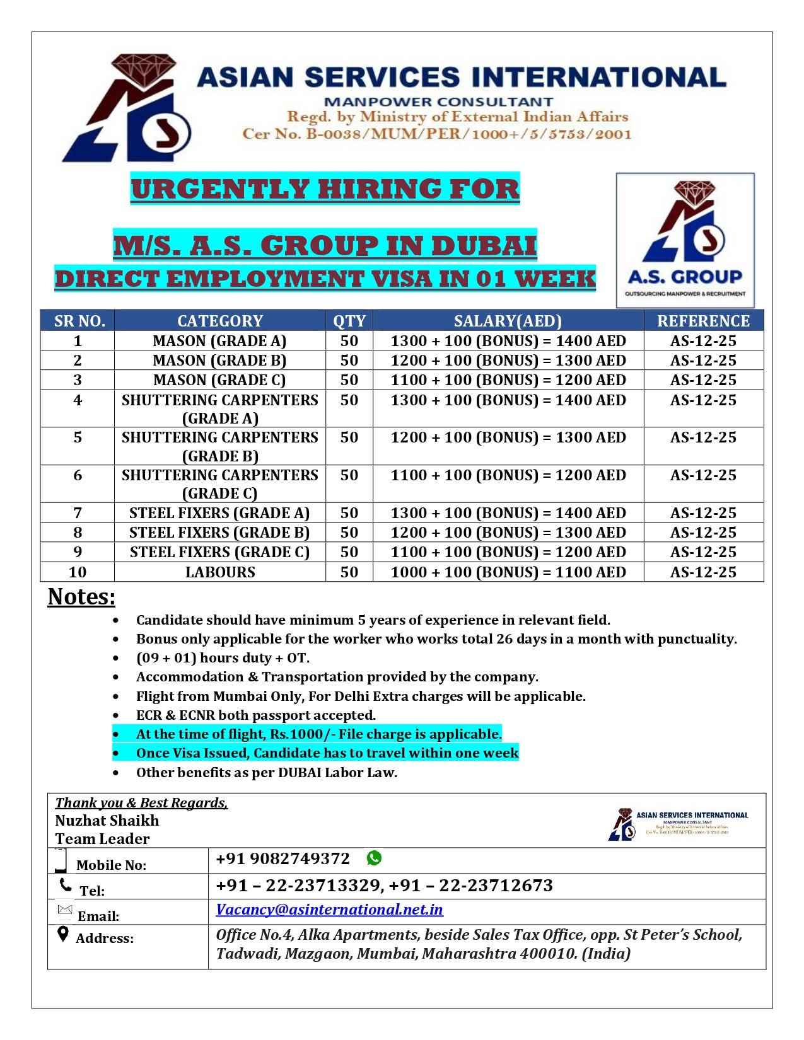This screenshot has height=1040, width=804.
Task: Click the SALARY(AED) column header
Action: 508,321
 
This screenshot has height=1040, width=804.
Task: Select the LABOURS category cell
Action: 220,572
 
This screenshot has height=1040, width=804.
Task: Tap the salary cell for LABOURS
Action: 508,572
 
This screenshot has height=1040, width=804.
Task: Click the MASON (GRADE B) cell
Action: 219,361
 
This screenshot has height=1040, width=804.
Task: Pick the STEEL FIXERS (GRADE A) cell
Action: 219,513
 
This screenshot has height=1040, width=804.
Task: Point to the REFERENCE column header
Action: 703,321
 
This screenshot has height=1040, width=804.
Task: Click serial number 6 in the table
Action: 78,475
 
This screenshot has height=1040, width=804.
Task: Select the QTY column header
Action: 349,321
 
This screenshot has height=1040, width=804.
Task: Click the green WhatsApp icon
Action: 374,858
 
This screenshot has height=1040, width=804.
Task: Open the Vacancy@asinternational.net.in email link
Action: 329,910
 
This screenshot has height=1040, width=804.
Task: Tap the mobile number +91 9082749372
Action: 283,858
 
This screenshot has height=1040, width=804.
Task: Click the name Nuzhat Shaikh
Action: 107,821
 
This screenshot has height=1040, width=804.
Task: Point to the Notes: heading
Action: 81,596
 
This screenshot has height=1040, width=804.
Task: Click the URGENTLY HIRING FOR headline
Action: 325,189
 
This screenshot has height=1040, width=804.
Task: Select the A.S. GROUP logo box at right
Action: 685,240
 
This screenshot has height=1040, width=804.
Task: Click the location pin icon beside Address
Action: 62,934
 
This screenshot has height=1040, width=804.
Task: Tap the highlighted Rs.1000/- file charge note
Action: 319,734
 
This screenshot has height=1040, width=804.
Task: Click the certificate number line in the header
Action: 437,134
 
